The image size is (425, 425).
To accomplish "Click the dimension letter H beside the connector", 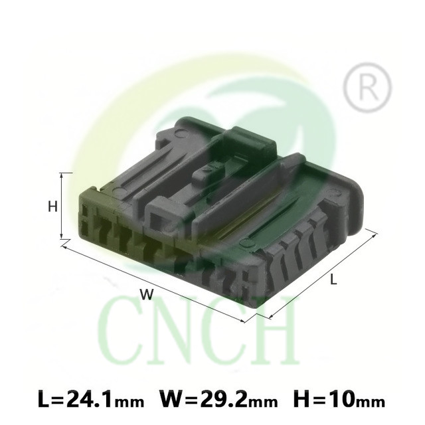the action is [x=53, y=207].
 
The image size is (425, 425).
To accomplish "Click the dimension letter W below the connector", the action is [x=147, y=294].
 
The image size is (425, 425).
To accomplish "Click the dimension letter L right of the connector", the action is [x=333, y=279].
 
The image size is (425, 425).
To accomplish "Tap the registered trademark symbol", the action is [x=367, y=87].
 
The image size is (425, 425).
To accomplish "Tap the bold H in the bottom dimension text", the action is [x=301, y=400].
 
